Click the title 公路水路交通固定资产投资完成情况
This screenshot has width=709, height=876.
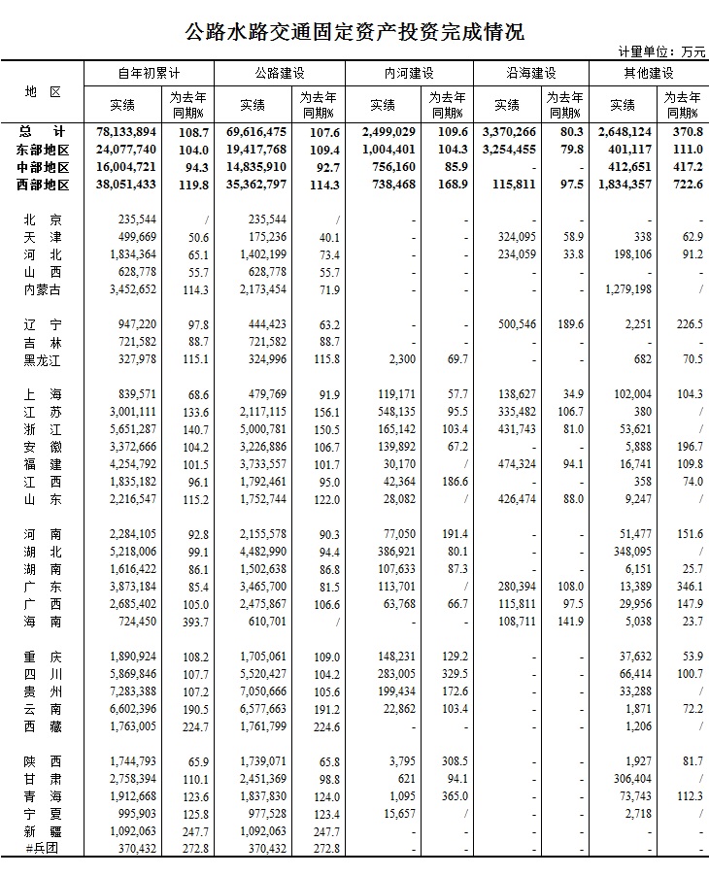[354, 31]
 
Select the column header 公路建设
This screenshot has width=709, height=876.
[278, 74]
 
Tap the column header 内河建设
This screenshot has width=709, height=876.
[408, 74]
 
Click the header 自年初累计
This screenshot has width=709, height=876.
[149, 74]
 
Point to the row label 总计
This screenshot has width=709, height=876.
[44, 132]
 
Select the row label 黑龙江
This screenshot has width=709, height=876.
[43, 360]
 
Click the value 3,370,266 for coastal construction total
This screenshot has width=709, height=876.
[508, 132]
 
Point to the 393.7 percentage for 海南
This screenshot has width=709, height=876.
[194, 622]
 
